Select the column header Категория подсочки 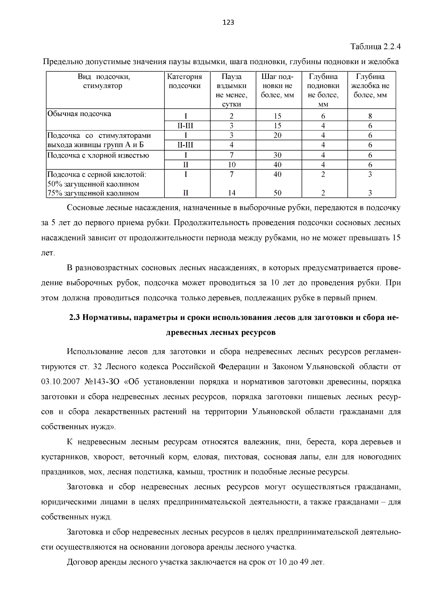[185, 81]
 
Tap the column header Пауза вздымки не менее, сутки [231, 90]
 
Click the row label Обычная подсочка [79, 114]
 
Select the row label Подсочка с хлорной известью [98, 155]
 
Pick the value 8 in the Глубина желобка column [370, 116]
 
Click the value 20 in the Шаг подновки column [277, 135]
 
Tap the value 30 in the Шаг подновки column [277, 155]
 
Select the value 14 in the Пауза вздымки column [231, 193]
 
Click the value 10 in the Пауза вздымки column [231, 165]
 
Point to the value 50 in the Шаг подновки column [277, 193]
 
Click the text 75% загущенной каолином [93, 193]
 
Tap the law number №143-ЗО [102, 382]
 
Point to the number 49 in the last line [304, 562]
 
